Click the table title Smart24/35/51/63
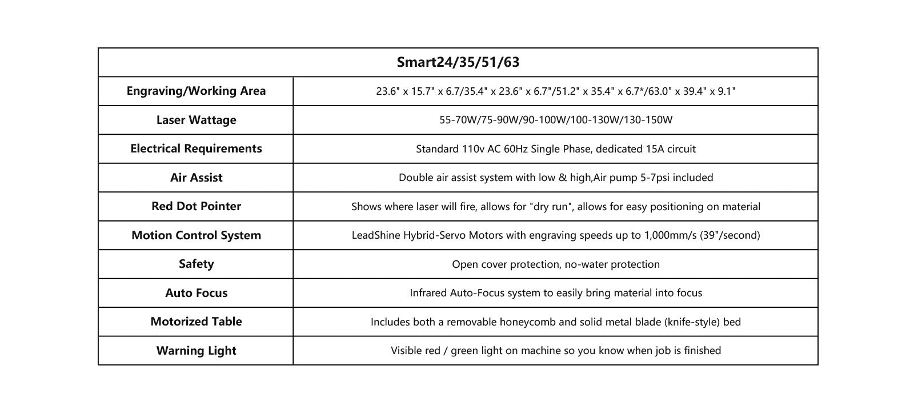tap(458, 62)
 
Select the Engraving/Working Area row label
tap(196, 91)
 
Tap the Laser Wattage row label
tap(196, 120)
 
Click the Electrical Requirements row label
tap(196, 148)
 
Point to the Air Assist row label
tap(196, 178)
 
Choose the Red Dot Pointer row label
tap(196, 206)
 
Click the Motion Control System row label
tap(196, 235)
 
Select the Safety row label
tap(196, 264)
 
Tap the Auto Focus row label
tap(196, 293)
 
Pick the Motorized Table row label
tap(196, 321)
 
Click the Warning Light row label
tap(196, 351)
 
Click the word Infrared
tap(428, 293)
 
